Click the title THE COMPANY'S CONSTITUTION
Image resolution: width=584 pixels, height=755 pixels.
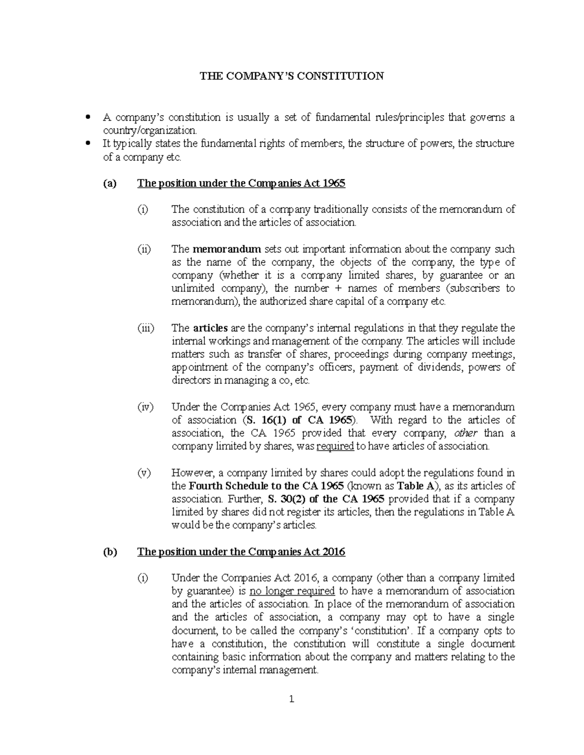click(x=292, y=76)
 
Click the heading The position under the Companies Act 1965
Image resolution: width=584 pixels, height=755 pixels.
click(x=241, y=183)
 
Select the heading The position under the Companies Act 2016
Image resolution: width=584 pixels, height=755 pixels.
click(x=241, y=552)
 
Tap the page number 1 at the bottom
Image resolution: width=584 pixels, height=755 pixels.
click(x=292, y=700)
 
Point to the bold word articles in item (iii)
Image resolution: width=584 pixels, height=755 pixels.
click(x=210, y=328)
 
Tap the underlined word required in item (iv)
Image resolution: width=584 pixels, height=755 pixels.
click(x=335, y=446)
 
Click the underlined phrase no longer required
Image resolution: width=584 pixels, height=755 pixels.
click(x=292, y=591)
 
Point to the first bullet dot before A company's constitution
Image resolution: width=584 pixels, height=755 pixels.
click(x=88, y=117)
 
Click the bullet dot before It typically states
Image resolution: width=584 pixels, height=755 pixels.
click(x=88, y=143)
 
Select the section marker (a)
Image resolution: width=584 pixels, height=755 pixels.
click(x=109, y=183)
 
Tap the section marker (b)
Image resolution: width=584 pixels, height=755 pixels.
click(x=109, y=552)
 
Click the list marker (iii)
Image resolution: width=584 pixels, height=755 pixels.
click(x=145, y=328)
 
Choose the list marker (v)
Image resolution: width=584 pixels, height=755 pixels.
click(x=144, y=473)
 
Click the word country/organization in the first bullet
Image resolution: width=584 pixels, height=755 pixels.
click(x=150, y=130)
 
